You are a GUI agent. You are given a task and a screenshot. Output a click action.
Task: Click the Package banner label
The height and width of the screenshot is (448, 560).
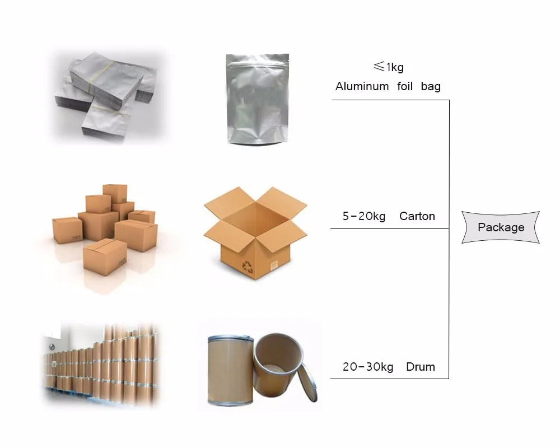click(501, 227)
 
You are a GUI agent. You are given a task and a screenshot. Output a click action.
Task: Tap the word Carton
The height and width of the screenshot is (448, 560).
click(417, 216)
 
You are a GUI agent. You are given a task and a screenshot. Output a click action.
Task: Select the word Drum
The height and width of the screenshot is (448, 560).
click(420, 367)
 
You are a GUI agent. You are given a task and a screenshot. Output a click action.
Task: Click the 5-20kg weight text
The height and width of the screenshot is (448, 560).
click(364, 216)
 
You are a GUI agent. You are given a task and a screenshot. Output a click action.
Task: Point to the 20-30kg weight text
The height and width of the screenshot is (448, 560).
click(367, 367)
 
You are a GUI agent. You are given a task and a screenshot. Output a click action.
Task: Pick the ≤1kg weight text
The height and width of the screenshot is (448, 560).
click(388, 67)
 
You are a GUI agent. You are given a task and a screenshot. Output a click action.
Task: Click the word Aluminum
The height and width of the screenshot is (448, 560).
click(362, 86)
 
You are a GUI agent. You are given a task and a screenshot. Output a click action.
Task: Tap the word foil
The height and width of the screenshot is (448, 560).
click(404, 86)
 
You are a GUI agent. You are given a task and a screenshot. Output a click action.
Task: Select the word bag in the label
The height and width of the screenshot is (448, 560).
click(431, 86)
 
